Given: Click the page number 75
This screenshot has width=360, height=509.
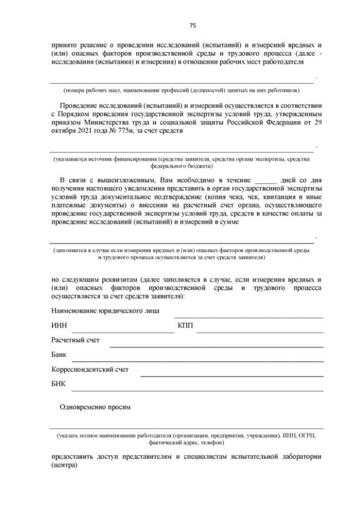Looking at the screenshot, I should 192,25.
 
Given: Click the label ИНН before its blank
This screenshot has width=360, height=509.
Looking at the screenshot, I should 58,326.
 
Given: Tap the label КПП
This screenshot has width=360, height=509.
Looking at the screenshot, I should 184,326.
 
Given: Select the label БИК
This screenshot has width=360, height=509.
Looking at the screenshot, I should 58,384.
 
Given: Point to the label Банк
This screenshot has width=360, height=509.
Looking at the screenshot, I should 59,355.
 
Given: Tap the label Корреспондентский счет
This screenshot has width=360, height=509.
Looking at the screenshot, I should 90,370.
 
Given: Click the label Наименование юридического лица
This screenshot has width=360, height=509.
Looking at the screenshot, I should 105,310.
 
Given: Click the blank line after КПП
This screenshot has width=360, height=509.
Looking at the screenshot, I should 259,331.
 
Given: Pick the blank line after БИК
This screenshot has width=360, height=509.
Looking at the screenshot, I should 197,390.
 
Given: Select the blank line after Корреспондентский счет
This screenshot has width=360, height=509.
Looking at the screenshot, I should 232,375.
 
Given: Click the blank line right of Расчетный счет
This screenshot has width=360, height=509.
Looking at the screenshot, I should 217,346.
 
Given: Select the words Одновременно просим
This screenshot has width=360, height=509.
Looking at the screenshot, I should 95,407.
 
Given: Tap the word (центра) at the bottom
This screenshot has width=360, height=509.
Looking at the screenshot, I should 63,466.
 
